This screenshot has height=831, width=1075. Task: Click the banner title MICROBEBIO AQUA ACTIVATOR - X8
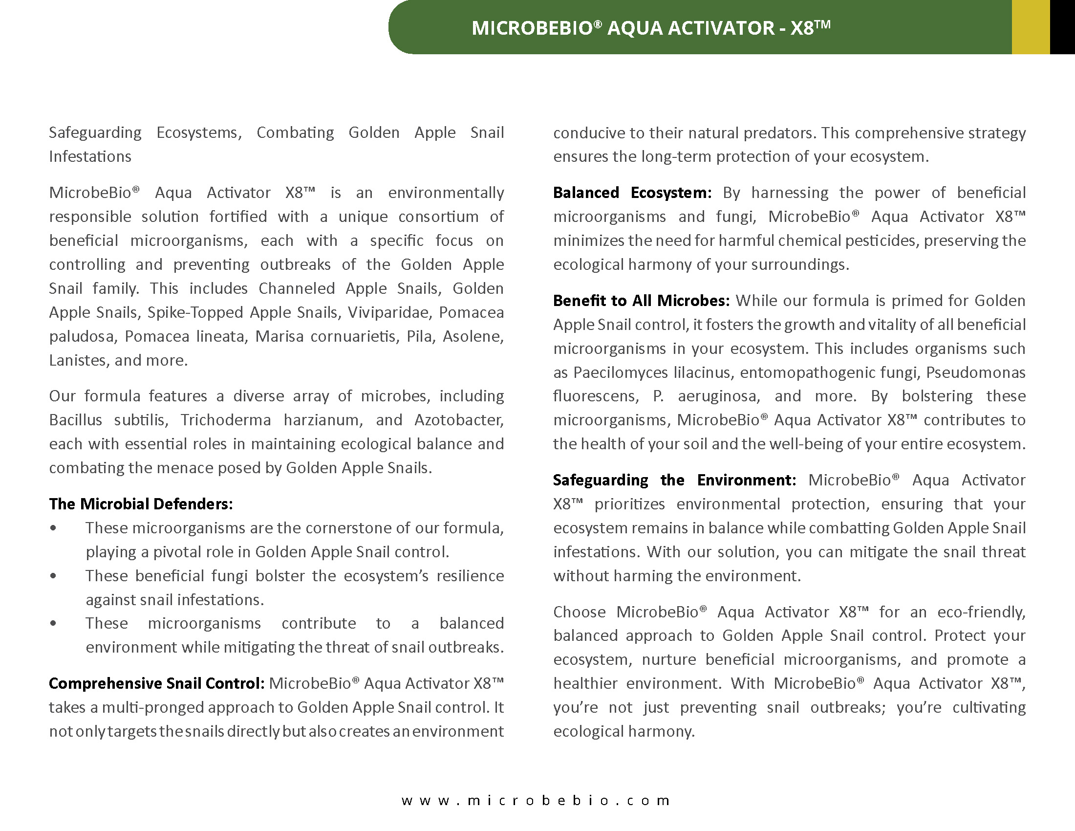click(x=651, y=28)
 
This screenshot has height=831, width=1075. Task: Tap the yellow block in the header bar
click(x=1030, y=27)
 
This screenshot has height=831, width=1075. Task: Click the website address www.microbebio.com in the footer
click(x=536, y=800)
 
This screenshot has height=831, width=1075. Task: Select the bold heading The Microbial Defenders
click(x=141, y=503)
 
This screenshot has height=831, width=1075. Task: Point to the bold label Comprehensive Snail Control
click(x=156, y=683)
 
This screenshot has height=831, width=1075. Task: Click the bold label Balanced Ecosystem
click(x=632, y=193)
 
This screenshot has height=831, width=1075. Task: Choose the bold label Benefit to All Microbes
click(x=641, y=300)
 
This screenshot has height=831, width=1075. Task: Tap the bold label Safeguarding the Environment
click(x=674, y=480)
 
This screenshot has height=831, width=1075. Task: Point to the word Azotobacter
click(x=459, y=420)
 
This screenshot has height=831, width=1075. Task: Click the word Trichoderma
click(x=225, y=420)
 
